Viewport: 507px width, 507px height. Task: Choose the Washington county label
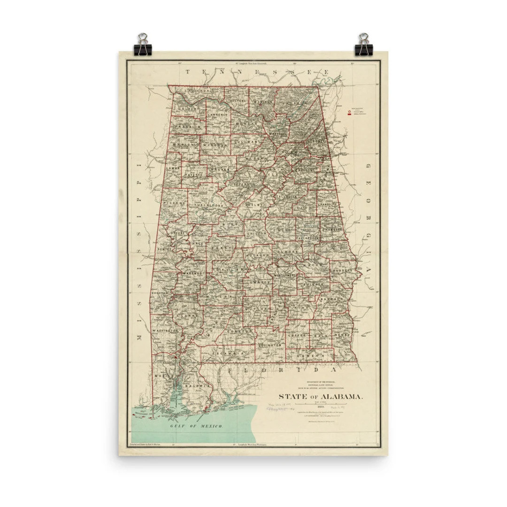tap(165, 331)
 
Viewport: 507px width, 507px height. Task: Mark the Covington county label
tap(270, 345)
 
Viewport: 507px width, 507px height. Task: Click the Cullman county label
tap(247, 141)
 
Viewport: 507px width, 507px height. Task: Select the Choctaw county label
tap(160, 293)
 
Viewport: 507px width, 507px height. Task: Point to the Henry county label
tap(343, 335)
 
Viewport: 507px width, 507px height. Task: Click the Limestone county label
tap(223, 100)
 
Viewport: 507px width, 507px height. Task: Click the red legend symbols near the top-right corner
tap(349, 113)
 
